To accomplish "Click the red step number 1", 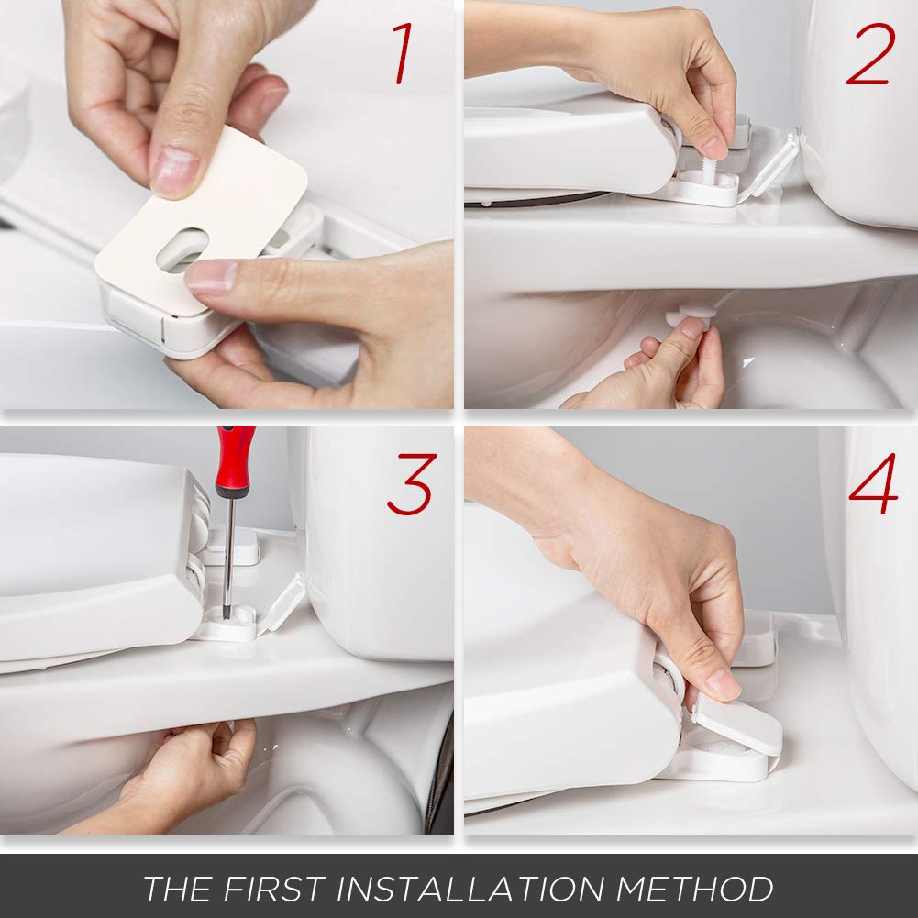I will pyautogui.click(x=402, y=54).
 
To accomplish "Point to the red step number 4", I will pyautogui.click(x=873, y=484).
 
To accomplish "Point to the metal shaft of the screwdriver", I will pyautogui.click(x=228, y=550).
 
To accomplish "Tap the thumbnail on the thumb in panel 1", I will pyautogui.click(x=174, y=170).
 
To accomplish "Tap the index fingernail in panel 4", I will pyautogui.click(x=723, y=683).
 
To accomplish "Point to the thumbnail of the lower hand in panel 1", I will pyautogui.click(x=210, y=275).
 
